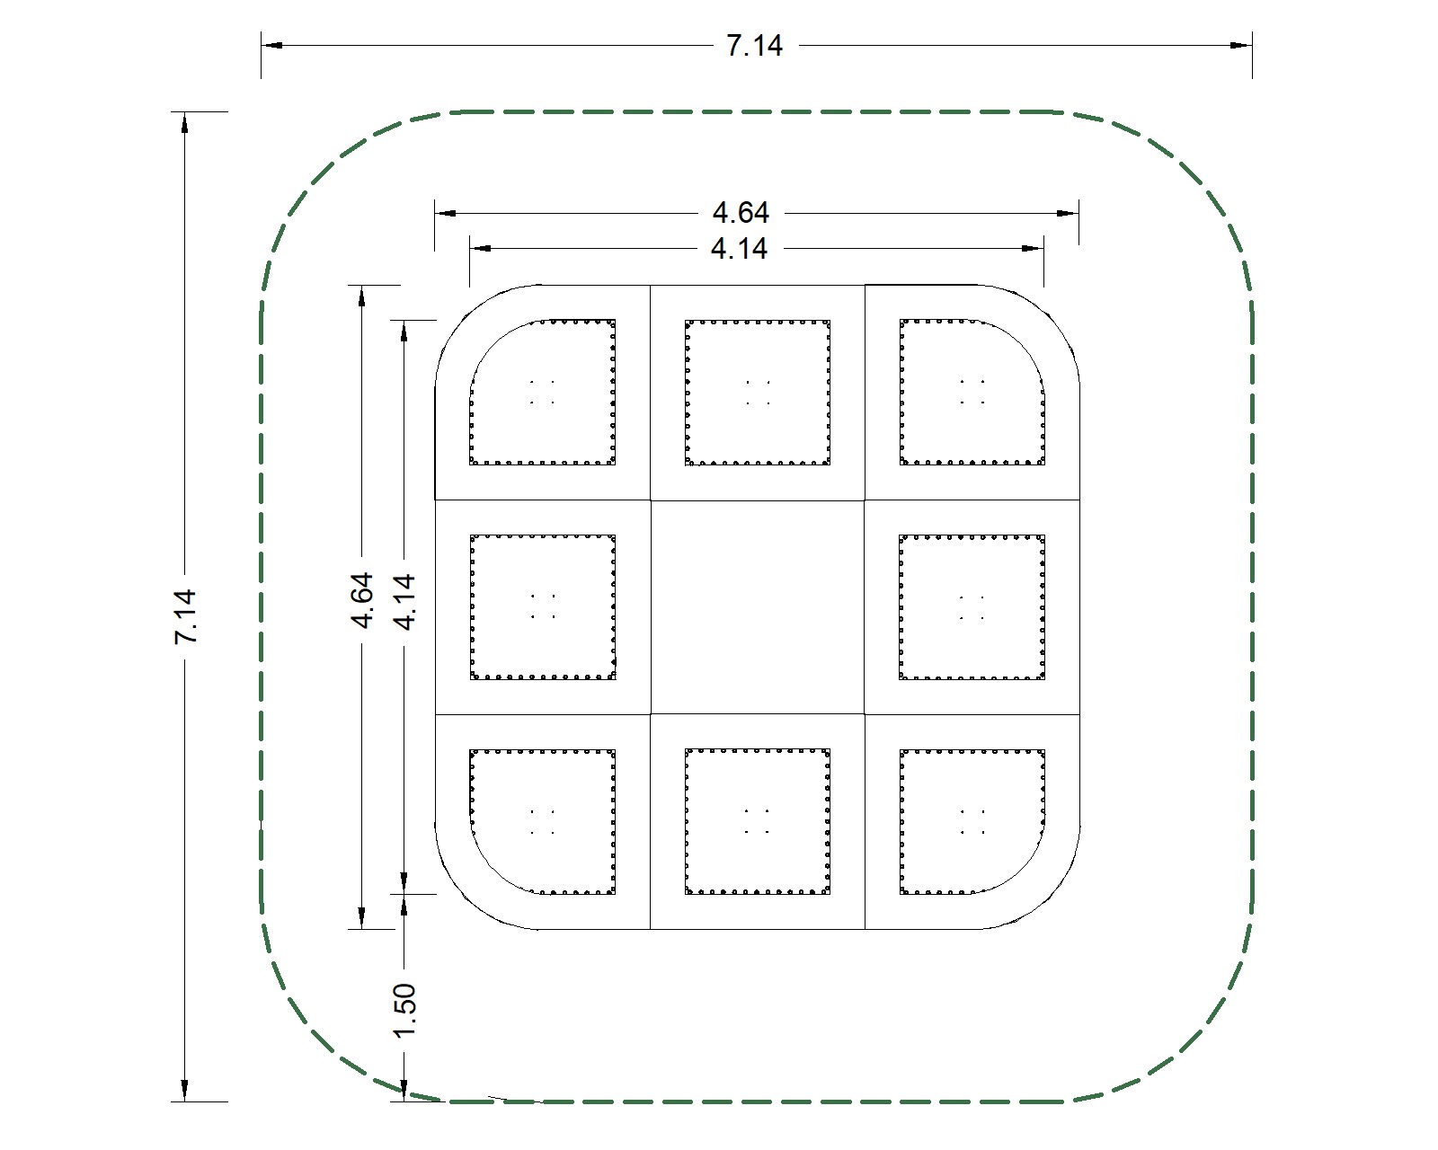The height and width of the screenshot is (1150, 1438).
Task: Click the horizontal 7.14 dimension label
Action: (754, 45)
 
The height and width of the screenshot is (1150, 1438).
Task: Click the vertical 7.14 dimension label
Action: (185, 616)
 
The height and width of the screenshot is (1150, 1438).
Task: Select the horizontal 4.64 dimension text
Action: (741, 213)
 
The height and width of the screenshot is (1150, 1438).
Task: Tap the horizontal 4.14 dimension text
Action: (739, 248)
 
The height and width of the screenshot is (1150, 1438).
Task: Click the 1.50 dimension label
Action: (404, 1009)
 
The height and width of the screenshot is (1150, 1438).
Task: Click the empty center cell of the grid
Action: (757, 607)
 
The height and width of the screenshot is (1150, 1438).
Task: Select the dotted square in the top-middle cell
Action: (757, 392)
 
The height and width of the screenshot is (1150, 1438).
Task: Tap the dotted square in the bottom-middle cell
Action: (757, 821)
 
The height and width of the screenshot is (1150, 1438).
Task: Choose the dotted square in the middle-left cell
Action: (543, 606)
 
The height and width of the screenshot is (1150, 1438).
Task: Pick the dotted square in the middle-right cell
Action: (972, 606)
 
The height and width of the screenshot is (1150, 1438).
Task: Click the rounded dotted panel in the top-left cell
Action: (543, 392)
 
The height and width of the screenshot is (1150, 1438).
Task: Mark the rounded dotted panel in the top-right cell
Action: (972, 392)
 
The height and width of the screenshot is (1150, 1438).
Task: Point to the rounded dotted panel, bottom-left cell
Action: (543, 821)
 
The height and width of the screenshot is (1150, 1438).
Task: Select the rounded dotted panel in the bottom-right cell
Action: (972, 821)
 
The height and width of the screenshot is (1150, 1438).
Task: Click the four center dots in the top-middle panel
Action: (757, 393)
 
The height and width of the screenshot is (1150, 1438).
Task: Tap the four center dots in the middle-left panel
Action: (542, 606)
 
